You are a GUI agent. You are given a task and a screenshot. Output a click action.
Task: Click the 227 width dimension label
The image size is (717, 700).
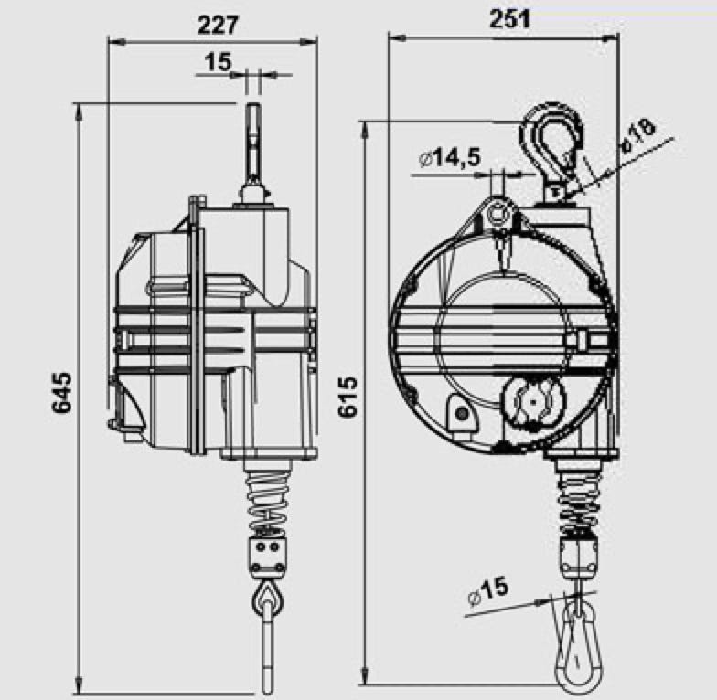(x=218, y=26)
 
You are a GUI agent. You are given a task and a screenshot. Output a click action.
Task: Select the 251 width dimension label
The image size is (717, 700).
(x=510, y=19)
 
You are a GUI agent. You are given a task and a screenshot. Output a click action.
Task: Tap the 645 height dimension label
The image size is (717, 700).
(x=61, y=393)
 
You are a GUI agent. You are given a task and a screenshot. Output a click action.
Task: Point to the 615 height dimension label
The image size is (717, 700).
(x=348, y=397)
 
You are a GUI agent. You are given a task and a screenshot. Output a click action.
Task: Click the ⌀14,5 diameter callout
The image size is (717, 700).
(x=450, y=157)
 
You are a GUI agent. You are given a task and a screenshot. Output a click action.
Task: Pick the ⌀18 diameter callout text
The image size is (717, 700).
(x=638, y=135)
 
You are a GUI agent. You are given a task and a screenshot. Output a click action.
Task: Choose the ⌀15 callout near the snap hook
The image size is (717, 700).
(x=488, y=592)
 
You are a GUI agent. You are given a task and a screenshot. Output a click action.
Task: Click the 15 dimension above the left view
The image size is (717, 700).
(x=218, y=62)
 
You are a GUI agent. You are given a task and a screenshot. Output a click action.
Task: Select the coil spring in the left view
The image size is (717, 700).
(x=268, y=501)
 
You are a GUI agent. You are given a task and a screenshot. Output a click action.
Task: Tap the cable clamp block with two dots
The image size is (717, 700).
(x=268, y=557)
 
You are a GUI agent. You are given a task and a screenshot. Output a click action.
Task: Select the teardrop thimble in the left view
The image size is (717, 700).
(x=268, y=599)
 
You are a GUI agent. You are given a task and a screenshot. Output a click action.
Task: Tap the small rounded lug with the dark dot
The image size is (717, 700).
(x=461, y=412)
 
